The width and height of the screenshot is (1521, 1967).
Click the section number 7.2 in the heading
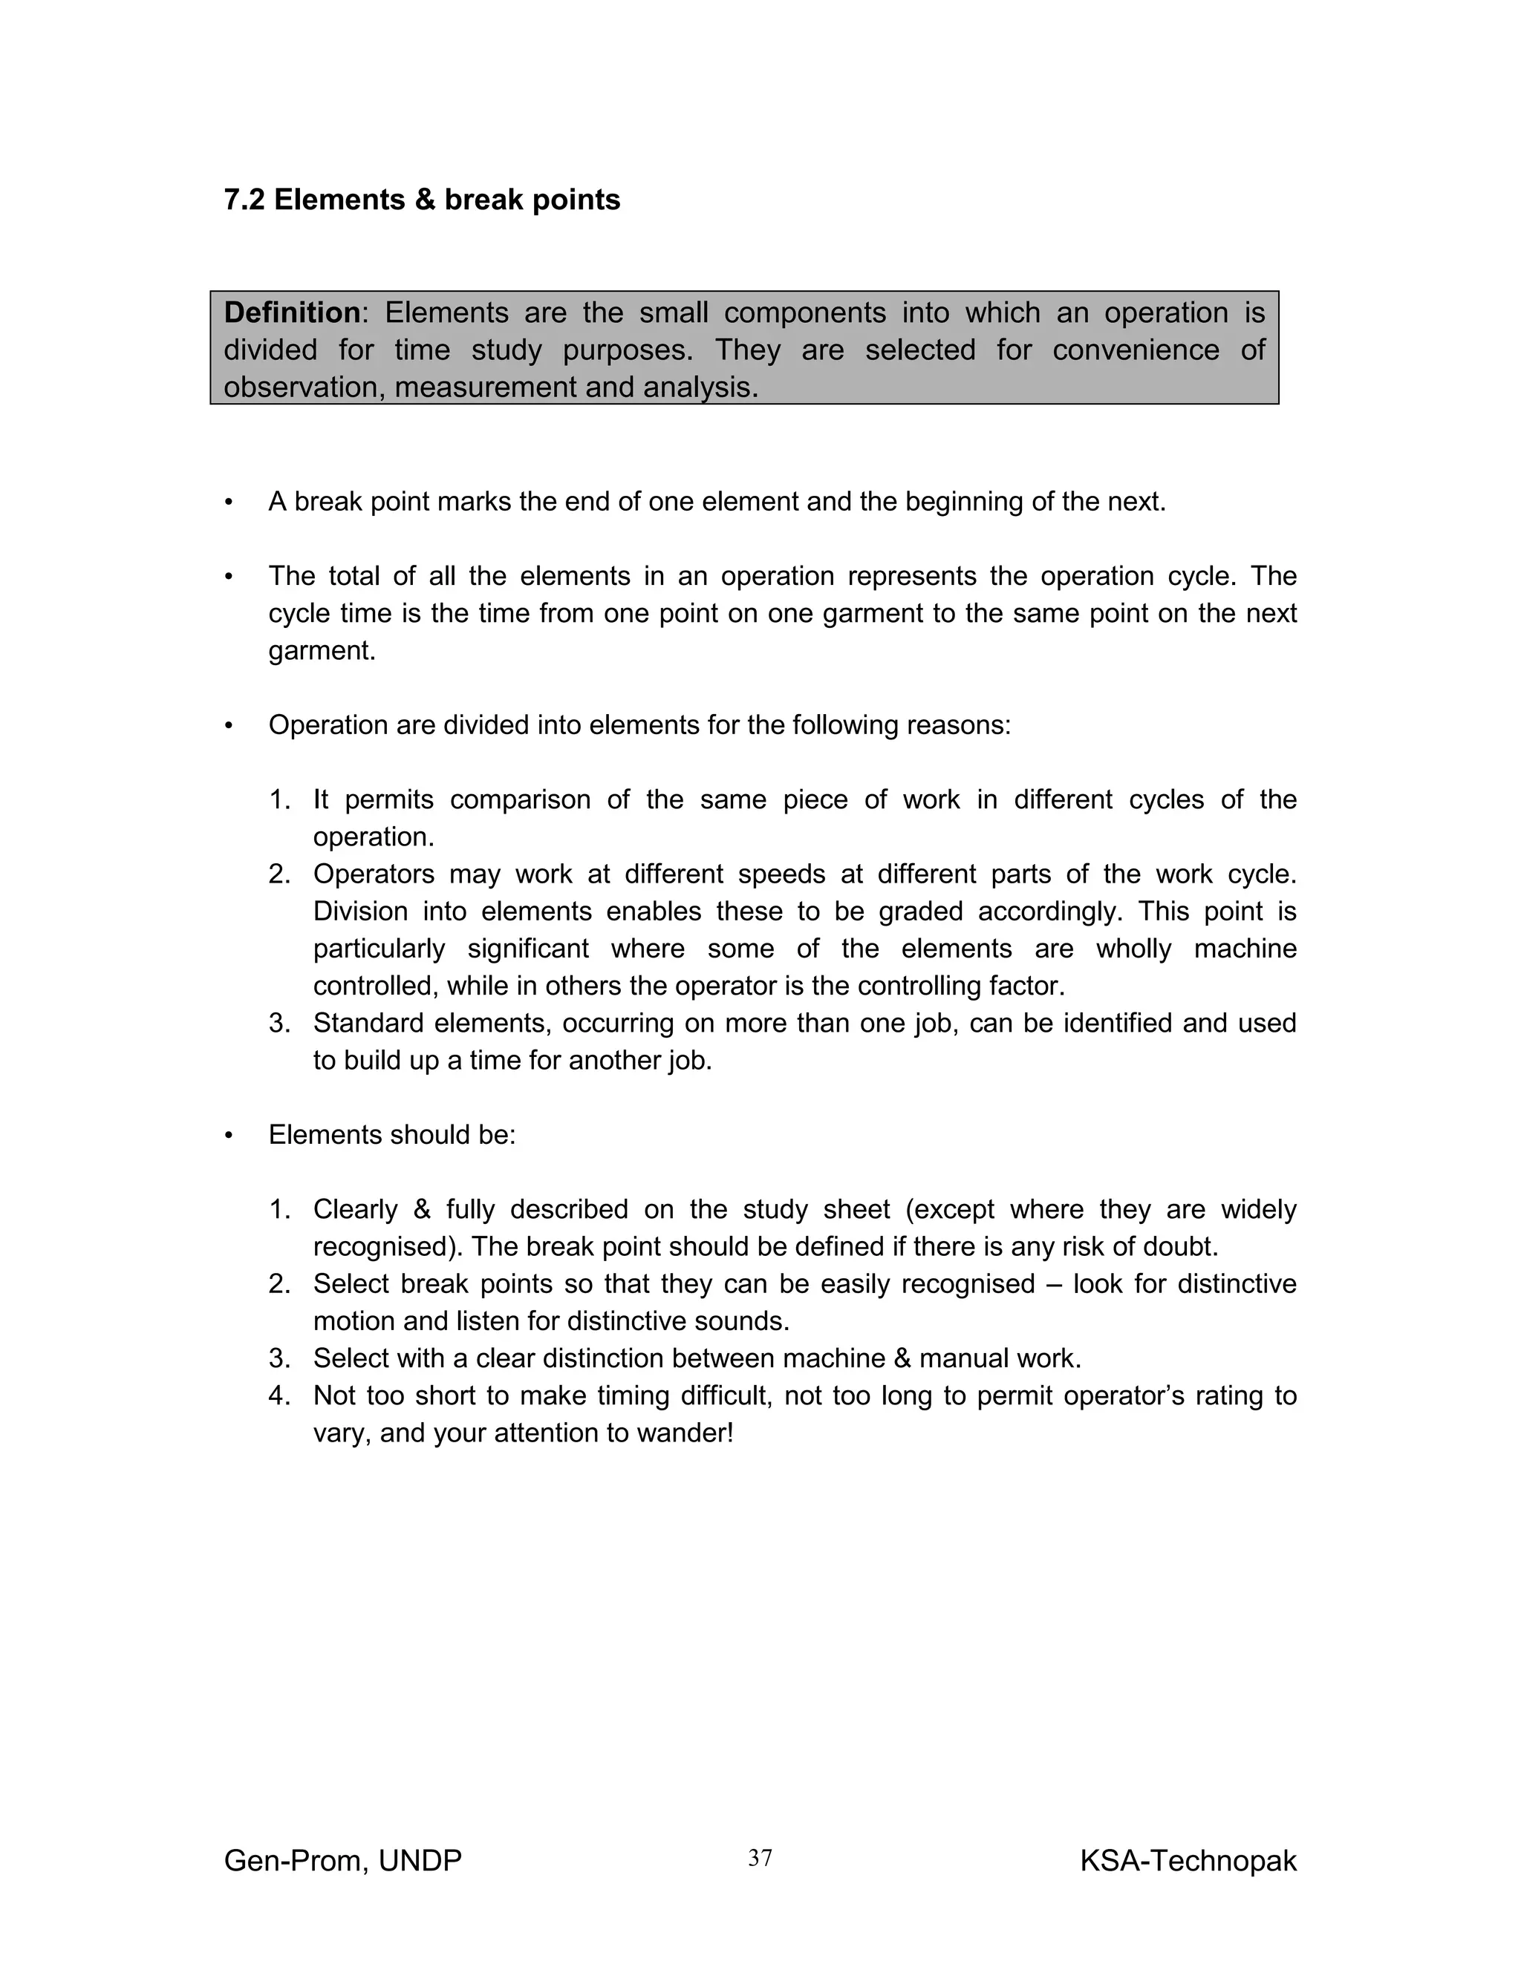pos(244,200)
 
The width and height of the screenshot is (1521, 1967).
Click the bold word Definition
pos(292,312)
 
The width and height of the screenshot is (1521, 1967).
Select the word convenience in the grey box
pos(1136,350)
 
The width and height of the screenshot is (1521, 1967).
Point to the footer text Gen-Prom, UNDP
pos(342,1860)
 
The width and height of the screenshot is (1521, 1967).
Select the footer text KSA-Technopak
pos(1188,1860)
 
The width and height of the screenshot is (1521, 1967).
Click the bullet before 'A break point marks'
pos(229,503)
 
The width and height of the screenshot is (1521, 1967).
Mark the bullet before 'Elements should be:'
pos(229,1136)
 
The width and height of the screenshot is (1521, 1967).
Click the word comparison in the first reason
pos(520,799)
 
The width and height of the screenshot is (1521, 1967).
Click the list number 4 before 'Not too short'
pos(279,1396)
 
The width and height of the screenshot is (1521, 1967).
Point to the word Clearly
pos(355,1210)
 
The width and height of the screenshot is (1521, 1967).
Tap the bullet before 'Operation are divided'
pos(229,726)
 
